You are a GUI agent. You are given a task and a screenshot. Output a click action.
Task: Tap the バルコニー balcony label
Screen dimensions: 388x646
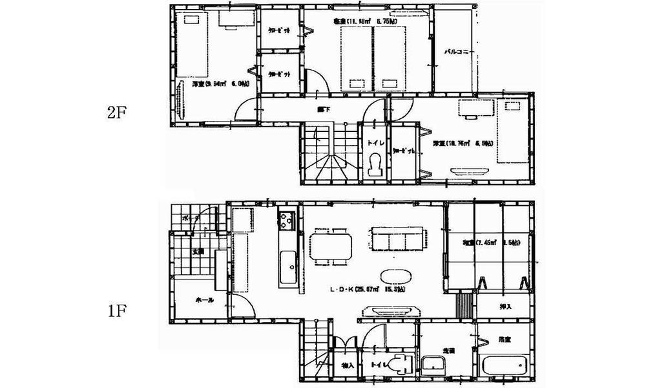[x=459, y=51]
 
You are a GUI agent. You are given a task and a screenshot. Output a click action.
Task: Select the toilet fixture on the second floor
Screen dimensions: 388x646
[x=373, y=166]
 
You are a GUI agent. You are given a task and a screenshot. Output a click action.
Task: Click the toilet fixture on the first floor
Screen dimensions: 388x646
[x=402, y=364]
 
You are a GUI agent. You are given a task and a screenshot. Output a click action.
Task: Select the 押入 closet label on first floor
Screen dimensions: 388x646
[x=506, y=307]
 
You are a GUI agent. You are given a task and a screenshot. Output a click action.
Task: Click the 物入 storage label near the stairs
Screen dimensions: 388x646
[x=348, y=366]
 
